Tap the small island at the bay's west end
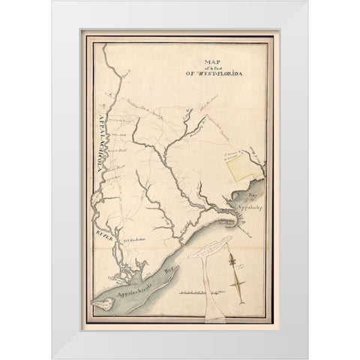coord(96,305)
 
